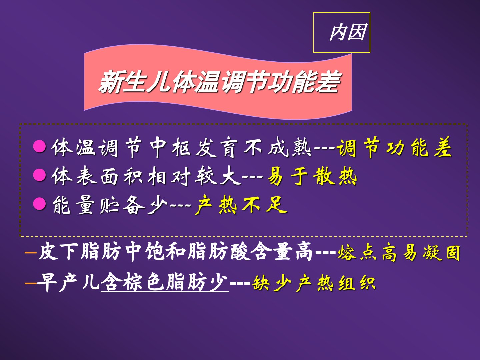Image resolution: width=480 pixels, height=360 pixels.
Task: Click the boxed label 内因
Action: pyautogui.click(x=348, y=32)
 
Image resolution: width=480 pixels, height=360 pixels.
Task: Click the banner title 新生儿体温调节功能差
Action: pyautogui.click(x=219, y=82)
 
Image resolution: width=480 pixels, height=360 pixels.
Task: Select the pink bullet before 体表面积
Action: pyautogui.click(x=40, y=175)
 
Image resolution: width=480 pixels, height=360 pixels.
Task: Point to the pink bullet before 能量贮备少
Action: pyautogui.click(x=40, y=204)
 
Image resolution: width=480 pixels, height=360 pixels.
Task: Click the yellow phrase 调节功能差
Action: pyautogui.click(x=394, y=147)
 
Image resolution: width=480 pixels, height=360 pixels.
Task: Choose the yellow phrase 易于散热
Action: pyautogui.click(x=312, y=176)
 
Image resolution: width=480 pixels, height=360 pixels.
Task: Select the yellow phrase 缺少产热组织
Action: pyautogui.click(x=314, y=283)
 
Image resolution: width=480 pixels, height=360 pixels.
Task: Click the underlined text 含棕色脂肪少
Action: pyautogui.click(x=164, y=282)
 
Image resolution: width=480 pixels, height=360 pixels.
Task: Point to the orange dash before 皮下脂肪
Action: pyautogui.click(x=31, y=253)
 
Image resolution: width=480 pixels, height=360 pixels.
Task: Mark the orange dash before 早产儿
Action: pyautogui.click(x=31, y=283)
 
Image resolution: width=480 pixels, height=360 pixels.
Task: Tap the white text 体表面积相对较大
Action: pyautogui.click(x=146, y=176)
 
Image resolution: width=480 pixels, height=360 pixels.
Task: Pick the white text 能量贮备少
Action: pyautogui.click(x=110, y=205)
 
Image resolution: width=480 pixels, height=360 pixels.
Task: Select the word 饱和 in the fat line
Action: pyautogui.click(x=166, y=252)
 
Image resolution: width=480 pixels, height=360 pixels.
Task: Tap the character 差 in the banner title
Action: pyautogui.click(x=329, y=82)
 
